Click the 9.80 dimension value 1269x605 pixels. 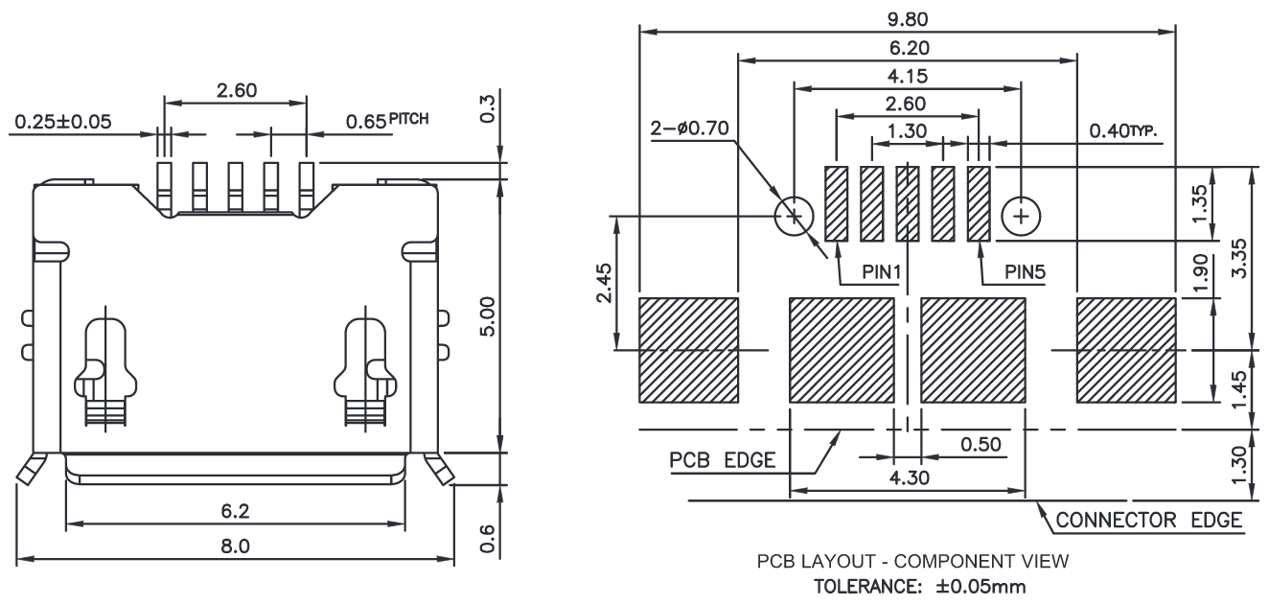[908, 18]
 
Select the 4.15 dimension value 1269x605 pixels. [908, 76]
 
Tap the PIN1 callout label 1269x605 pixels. [879, 272]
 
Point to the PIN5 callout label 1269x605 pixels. [1025, 272]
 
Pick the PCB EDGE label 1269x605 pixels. [722, 459]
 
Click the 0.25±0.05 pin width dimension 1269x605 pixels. [61, 121]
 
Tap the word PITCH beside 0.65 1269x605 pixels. [408, 119]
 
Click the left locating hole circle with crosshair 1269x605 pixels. [794, 217]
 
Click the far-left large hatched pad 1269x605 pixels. [688, 350]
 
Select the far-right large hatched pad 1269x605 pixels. [1126, 350]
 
